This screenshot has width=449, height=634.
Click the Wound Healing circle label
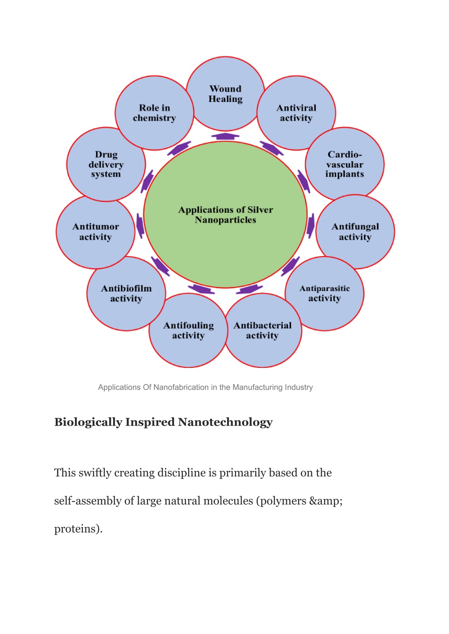(x=225, y=94)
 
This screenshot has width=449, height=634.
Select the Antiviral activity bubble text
(x=296, y=113)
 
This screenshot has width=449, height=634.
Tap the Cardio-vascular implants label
(x=345, y=164)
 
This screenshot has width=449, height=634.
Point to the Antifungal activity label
(x=355, y=232)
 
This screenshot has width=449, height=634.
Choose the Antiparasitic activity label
(x=324, y=293)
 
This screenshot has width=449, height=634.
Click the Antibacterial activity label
(x=263, y=330)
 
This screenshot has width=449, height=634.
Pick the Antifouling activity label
(x=189, y=330)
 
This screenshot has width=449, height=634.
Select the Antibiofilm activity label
(x=126, y=293)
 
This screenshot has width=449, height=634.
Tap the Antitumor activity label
(x=96, y=232)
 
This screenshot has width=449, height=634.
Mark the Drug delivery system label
(x=106, y=164)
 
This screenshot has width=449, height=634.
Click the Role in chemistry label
(x=154, y=113)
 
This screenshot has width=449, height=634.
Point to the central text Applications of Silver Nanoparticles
(x=225, y=214)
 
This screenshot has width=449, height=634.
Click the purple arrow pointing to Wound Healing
(x=225, y=136)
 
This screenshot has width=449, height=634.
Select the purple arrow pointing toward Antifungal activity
(x=310, y=225)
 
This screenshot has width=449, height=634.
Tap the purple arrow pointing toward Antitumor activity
(x=140, y=225)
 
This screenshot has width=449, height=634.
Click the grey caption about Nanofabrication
(x=205, y=387)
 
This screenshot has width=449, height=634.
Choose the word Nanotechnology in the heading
(x=225, y=422)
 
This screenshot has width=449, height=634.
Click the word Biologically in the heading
(x=88, y=422)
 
